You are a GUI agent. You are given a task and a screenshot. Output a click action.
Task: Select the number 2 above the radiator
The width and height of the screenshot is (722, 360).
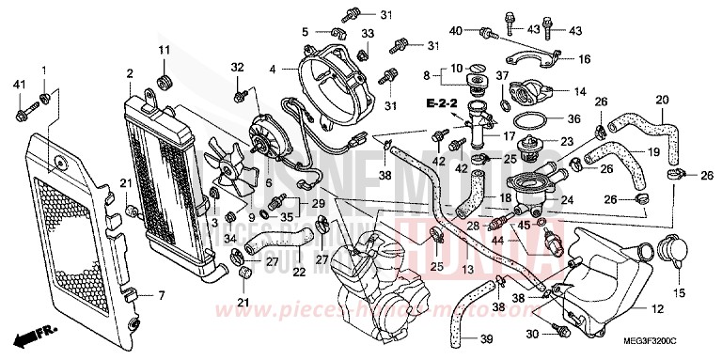(x=129, y=72)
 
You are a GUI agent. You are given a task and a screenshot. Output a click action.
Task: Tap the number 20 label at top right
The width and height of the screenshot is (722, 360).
(x=662, y=101)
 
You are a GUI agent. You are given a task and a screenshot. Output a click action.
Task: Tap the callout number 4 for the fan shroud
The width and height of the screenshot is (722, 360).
(x=272, y=69)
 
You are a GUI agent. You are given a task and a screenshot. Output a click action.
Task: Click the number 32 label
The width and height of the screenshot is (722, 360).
(x=238, y=66)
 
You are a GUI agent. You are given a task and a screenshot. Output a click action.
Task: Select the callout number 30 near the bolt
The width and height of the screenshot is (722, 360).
(x=532, y=334)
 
